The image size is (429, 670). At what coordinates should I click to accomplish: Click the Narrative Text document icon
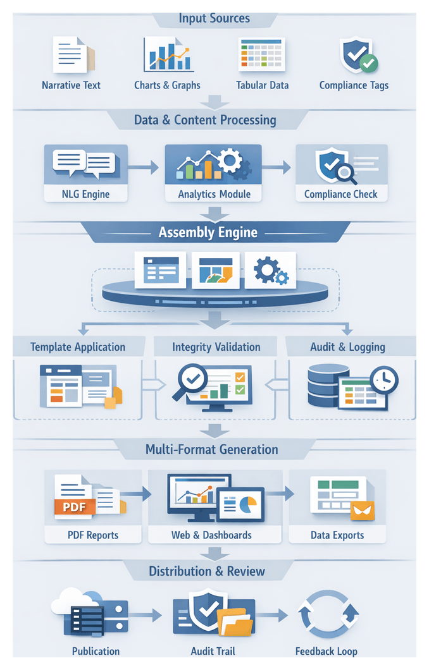click(x=71, y=55)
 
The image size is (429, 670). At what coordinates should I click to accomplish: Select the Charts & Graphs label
click(x=167, y=85)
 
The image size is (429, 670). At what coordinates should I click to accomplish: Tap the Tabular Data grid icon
click(x=261, y=54)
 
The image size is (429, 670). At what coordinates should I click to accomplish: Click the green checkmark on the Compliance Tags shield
click(x=368, y=63)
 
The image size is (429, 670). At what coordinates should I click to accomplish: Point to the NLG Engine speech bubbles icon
click(x=84, y=164)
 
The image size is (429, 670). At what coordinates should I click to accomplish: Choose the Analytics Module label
click(x=214, y=194)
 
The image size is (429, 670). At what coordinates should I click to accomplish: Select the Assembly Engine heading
click(x=208, y=232)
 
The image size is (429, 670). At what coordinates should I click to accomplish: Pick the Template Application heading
click(x=78, y=347)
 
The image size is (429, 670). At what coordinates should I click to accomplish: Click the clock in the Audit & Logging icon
click(x=384, y=380)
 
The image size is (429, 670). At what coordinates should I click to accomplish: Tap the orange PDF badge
click(x=75, y=506)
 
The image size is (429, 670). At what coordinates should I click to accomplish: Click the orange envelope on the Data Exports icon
click(x=362, y=510)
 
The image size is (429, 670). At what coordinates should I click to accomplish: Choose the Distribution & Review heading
click(x=207, y=571)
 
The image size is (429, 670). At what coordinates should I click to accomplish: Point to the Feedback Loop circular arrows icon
click(x=327, y=614)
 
